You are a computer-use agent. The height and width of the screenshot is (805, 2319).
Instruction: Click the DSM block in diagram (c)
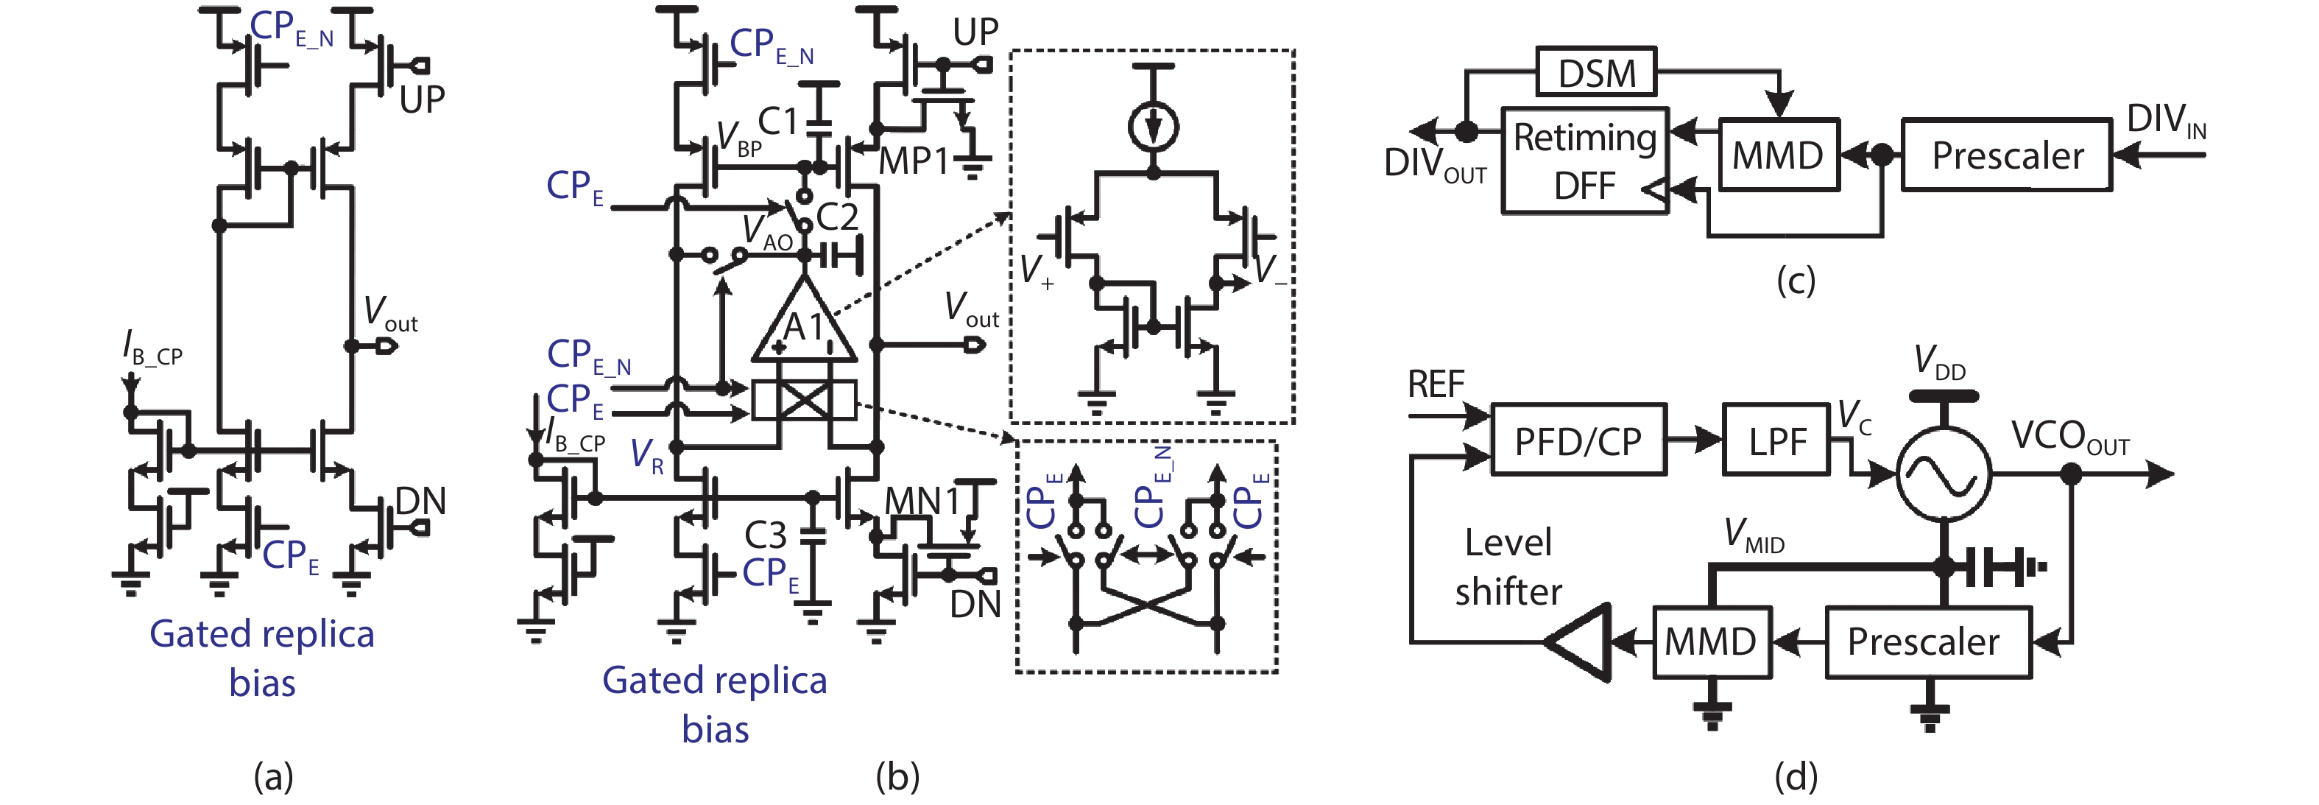[1595, 73]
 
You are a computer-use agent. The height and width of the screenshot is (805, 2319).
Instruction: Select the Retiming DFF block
[1584, 161]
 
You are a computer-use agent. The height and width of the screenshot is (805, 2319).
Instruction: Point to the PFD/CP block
[1578, 440]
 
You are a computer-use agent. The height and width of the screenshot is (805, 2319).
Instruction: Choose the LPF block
[1776, 441]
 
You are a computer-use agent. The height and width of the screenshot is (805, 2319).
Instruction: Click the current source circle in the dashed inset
[1153, 126]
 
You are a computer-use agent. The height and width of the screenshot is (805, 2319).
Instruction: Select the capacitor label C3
[765, 535]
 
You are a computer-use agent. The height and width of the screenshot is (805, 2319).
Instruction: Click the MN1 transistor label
[922, 501]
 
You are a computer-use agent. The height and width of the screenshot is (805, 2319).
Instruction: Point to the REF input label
[1435, 384]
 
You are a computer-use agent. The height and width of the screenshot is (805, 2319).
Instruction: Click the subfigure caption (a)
[273, 776]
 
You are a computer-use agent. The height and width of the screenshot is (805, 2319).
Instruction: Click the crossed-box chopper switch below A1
[804, 401]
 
